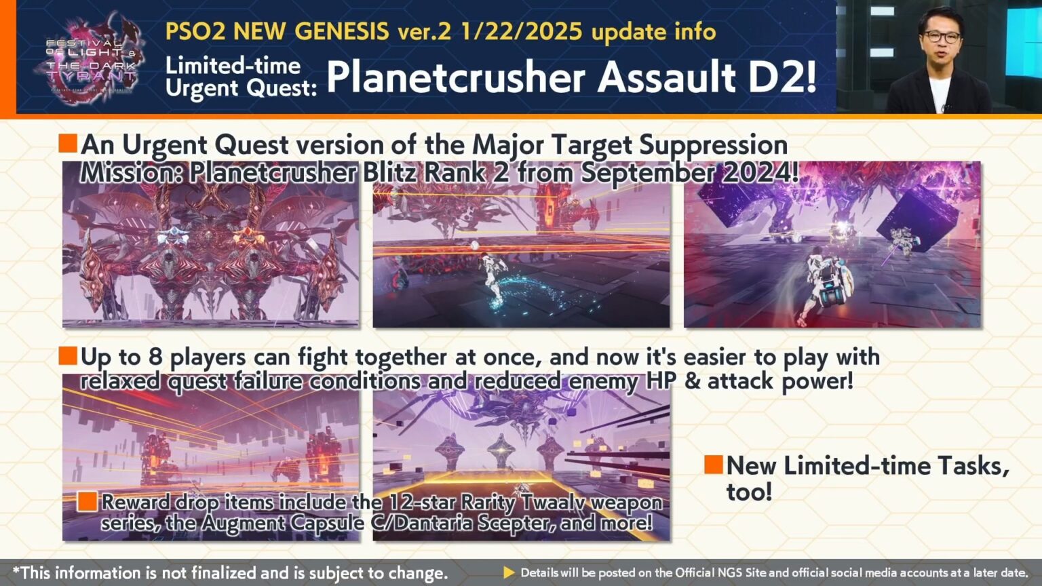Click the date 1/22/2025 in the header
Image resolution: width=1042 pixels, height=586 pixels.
pos(520,32)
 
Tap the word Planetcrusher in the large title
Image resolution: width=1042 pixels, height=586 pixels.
pos(455,77)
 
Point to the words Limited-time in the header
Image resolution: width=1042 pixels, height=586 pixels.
pos(233,66)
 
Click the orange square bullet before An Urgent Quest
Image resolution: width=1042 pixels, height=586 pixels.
pos(68,143)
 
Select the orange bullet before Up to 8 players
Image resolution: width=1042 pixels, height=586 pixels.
pos(68,356)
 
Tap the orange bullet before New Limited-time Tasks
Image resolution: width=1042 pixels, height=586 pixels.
pos(713,465)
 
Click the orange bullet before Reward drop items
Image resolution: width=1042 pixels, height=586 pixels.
pos(87,501)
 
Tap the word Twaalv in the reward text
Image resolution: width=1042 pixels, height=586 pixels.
pos(554,503)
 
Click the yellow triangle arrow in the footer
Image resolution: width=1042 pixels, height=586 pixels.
pos(509,572)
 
